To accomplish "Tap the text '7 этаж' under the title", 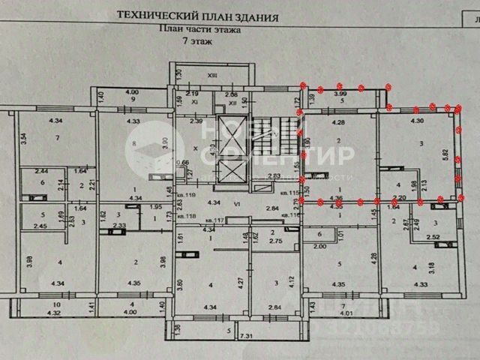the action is point(196,43).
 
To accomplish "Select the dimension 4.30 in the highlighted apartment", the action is point(418,120).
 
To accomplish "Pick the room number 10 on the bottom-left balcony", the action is point(57,304).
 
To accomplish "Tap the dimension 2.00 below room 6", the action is point(320,247).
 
